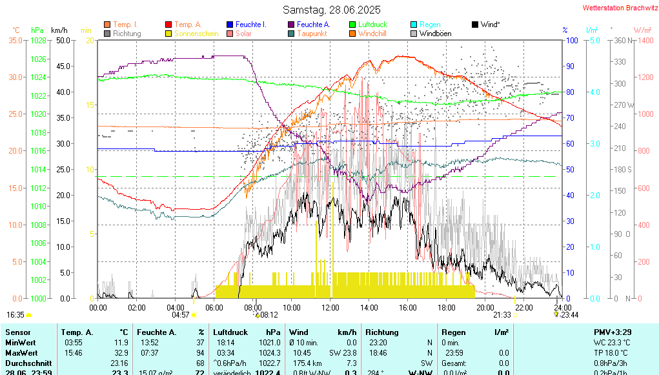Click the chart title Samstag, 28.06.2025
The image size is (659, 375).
(332, 10)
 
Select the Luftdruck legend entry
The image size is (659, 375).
(372, 25)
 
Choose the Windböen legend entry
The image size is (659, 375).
(435, 34)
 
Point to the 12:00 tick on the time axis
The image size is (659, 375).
(330, 307)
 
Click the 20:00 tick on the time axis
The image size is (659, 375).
(485, 307)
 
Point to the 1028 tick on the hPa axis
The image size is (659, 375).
(38, 40)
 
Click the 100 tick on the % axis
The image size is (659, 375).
(571, 40)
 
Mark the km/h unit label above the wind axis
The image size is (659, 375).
(59, 30)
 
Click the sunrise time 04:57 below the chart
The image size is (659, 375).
(181, 315)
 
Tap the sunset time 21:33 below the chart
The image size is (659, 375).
(502, 315)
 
